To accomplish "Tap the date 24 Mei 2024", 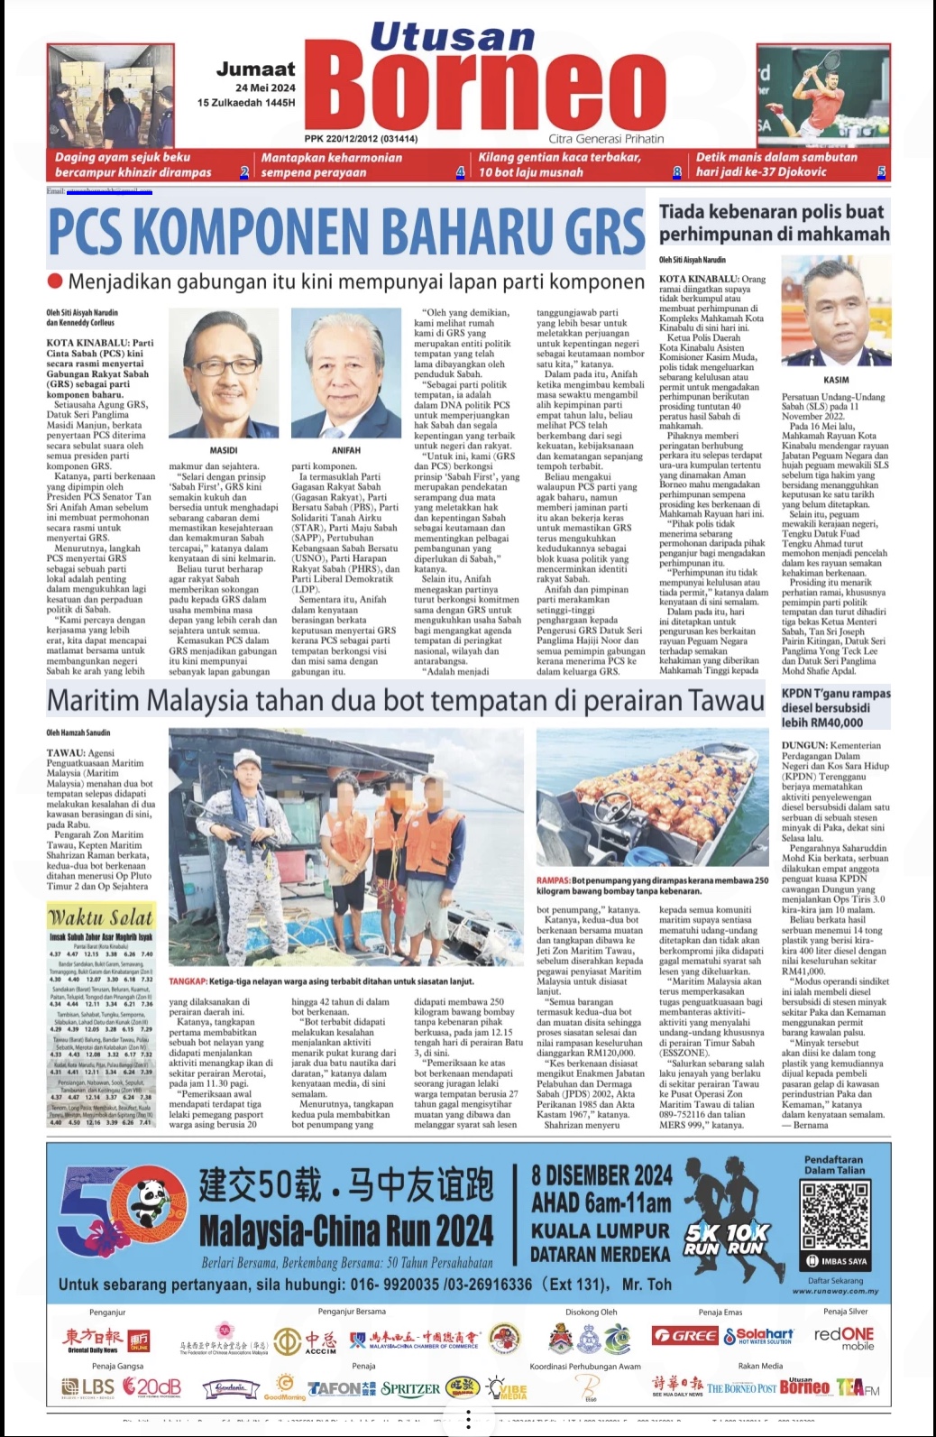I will [265, 88].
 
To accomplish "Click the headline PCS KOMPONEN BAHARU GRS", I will [346, 230].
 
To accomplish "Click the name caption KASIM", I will [836, 380].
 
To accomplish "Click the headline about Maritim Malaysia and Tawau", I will [405, 700].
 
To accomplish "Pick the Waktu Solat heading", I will [101, 917].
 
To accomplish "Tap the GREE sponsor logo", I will [684, 1335].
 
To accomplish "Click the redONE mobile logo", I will [844, 1338].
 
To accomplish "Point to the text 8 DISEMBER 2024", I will [601, 1175].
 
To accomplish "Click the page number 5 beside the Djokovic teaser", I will [881, 171].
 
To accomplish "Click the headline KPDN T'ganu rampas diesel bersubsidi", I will [835, 707].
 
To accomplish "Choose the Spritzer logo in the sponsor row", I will [410, 1388].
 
